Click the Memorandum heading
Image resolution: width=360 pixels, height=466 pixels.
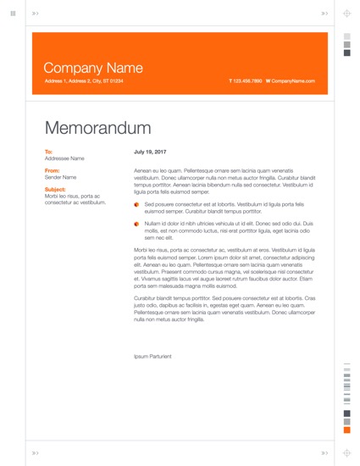coord(97,128)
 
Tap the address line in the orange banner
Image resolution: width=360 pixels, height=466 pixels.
coord(83,80)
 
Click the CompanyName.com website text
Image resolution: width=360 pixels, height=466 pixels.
coord(292,80)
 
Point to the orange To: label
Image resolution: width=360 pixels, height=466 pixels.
coord(48,152)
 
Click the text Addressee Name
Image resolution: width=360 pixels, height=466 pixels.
coord(64,158)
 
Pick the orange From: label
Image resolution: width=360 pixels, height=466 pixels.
coord(52,170)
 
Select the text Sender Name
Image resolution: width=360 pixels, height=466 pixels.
coord(60,177)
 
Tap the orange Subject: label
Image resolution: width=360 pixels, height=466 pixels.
coord(54,189)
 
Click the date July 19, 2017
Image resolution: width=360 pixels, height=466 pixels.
coord(150,152)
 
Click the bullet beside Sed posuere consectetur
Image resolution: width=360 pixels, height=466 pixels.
coord(136,205)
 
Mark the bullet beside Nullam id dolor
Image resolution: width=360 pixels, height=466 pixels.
coord(136,225)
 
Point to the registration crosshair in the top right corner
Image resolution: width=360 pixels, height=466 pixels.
coord(346,14)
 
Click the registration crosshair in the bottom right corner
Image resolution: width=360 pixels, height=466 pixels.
coord(346,452)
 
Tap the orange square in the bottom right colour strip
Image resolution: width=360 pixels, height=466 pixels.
coord(346,430)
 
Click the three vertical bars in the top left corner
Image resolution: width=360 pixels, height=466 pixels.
coord(13,14)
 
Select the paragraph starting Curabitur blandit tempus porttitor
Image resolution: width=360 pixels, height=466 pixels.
coord(224,308)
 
